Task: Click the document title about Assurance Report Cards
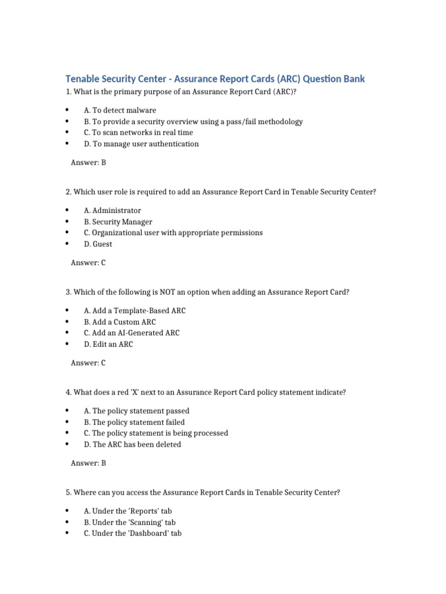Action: [x=215, y=79]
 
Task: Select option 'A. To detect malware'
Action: [x=120, y=110]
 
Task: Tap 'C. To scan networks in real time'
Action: [x=138, y=133]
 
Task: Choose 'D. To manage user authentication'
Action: [x=141, y=144]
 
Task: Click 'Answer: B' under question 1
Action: [x=88, y=162]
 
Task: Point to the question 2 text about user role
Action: [x=221, y=192]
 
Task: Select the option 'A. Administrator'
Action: [x=112, y=211]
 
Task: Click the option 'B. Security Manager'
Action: [x=118, y=222]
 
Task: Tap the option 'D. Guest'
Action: [x=98, y=244]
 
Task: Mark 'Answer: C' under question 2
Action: [x=88, y=263]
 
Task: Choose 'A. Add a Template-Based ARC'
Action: [x=135, y=311]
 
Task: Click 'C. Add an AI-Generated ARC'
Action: [x=132, y=333]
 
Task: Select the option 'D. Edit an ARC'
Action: [x=108, y=345]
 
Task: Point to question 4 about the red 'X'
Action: [x=206, y=393]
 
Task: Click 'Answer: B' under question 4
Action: [x=88, y=463]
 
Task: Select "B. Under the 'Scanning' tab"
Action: [x=130, y=522]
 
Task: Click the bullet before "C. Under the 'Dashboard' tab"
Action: [x=67, y=533]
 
